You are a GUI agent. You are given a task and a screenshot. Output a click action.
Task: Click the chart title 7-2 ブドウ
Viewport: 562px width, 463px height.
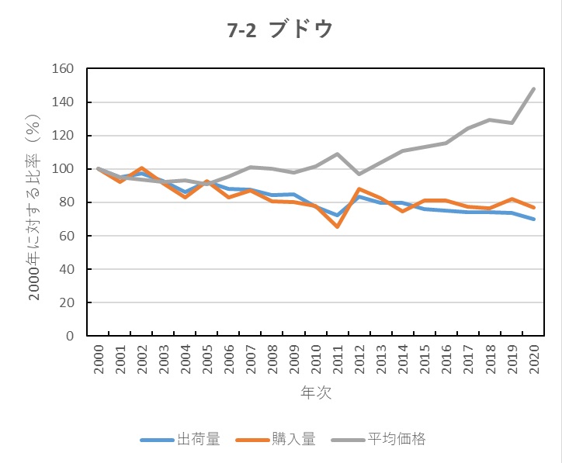tap(280, 29)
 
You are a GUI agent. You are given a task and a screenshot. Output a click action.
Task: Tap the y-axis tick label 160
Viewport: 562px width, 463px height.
tap(62, 69)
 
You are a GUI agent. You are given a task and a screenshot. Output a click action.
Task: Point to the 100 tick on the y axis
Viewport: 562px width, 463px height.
tap(62, 169)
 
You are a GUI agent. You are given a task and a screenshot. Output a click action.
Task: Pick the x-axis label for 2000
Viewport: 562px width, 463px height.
tap(99, 358)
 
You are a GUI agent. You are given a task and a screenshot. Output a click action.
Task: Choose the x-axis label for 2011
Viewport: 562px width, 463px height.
tap(338, 358)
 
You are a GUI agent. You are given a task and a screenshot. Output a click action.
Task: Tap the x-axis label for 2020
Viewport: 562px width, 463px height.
tap(534, 358)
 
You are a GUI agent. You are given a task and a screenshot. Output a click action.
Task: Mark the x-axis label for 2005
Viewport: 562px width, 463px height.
tap(208, 358)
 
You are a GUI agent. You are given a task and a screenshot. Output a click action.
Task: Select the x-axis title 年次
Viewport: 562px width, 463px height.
tap(316, 392)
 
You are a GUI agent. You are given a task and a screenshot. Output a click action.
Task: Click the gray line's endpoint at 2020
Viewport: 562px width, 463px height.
tap(534, 88)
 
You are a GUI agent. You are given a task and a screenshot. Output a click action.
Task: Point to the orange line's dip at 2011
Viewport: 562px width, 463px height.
tap(338, 226)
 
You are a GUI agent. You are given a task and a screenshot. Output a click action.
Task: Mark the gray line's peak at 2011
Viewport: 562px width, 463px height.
tap(338, 154)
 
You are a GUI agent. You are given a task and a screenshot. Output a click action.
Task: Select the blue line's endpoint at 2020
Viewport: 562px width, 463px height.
tap(534, 219)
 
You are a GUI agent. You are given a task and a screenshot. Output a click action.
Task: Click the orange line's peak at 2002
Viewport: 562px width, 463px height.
tap(142, 168)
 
